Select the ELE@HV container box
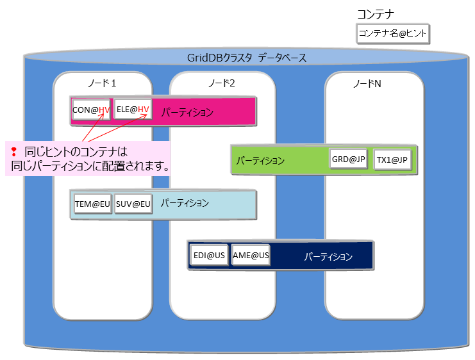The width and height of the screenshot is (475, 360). point(133,110)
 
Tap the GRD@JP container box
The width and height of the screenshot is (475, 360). point(349,159)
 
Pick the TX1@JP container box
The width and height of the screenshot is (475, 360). point(392,159)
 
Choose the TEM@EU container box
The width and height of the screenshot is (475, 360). point(92,204)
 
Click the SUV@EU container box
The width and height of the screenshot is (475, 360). point(133,204)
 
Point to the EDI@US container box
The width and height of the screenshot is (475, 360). point(209,255)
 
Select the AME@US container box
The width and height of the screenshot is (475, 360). point(251,255)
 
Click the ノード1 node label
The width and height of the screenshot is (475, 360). point(102,83)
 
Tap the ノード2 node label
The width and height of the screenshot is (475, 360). point(222,83)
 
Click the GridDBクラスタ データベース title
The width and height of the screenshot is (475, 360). point(247,58)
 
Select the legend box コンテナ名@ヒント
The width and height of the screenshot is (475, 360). point(393,34)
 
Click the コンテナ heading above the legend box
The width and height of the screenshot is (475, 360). point(375,13)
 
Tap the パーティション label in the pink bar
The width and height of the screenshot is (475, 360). point(187,112)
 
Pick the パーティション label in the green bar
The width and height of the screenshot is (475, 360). point(260,160)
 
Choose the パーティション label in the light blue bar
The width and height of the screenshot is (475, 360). point(185,203)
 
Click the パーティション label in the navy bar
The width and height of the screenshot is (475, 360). point(328,256)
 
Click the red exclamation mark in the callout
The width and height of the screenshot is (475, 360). point(13,152)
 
